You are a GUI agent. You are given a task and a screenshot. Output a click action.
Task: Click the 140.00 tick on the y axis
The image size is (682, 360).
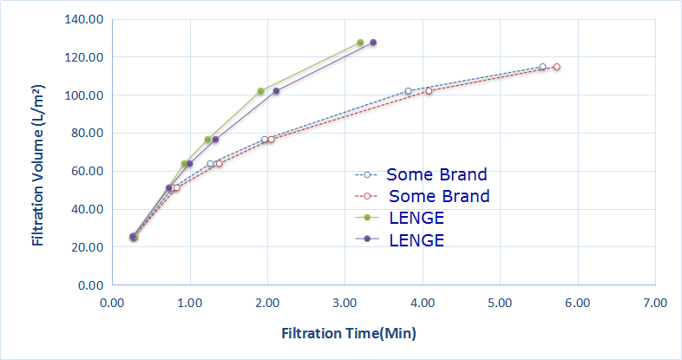click(x=83, y=19)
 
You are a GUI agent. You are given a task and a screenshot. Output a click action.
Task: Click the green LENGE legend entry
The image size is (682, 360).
click(x=416, y=218)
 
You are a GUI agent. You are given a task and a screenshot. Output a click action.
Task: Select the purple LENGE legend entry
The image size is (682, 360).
click(x=416, y=239)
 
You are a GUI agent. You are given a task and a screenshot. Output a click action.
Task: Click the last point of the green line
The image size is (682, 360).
click(x=360, y=43)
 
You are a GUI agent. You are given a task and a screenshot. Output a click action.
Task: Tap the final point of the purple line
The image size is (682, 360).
click(x=373, y=43)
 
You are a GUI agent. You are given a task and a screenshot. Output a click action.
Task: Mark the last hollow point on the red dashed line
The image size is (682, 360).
click(x=556, y=67)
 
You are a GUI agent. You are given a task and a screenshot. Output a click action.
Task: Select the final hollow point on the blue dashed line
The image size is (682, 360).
click(x=542, y=67)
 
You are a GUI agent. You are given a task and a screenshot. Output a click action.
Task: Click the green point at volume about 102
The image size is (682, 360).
click(x=260, y=91)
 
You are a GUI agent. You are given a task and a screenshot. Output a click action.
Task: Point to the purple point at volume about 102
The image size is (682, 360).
click(x=276, y=91)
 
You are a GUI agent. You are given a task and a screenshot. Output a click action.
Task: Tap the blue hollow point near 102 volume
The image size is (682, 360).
click(x=408, y=91)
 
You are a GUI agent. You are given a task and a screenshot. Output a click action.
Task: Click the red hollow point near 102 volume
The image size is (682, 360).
click(x=428, y=91)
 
